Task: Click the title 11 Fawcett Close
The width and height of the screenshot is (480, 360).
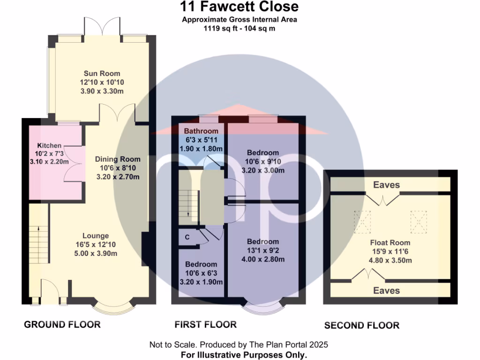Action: tap(240, 7)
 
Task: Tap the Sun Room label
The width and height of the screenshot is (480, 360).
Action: tap(102, 73)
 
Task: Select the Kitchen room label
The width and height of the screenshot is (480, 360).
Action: tap(49, 146)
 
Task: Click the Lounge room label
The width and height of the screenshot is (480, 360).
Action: tap(96, 236)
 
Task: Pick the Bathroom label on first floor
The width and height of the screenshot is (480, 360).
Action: tap(201, 131)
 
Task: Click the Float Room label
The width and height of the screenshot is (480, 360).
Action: tap(390, 243)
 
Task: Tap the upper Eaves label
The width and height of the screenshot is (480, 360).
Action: tap(386, 185)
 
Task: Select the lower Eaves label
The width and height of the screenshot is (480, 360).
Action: tap(386, 291)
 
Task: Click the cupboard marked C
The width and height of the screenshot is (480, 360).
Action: tap(187, 237)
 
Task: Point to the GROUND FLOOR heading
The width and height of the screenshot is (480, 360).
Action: tap(62, 324)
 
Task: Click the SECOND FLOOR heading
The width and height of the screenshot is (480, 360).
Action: tap(362, 325)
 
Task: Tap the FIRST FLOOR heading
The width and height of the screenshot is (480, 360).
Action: tap(205, 324)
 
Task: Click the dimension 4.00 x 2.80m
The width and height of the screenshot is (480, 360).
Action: tap(263, 259)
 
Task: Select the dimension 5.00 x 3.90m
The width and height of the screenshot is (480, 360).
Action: tap(96, 254)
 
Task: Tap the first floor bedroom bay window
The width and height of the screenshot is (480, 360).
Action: tap(263, 309)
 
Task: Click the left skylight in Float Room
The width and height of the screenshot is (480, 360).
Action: tap(362, 218)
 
